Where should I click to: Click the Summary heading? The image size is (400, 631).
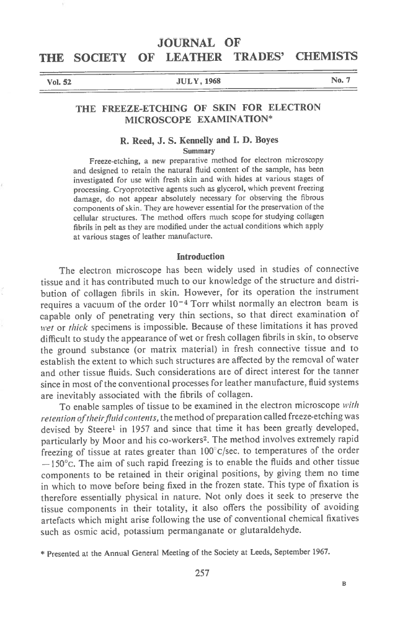198,151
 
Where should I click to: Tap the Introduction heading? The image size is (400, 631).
200,256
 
